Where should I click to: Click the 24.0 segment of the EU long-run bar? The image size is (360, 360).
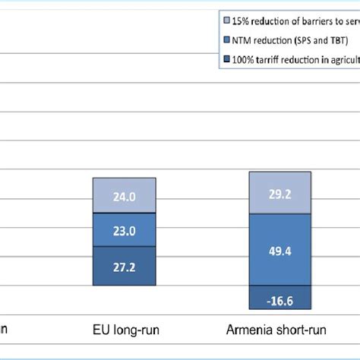point(125,196)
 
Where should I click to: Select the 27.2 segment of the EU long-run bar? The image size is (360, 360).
point(125,267)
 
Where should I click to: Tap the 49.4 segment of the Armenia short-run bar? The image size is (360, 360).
point(279,249)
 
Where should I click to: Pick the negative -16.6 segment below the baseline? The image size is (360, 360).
point(279,298)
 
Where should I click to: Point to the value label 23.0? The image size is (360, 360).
point(125,231)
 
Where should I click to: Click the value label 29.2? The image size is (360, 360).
point(279,194)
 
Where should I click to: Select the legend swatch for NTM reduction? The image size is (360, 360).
point(229,39)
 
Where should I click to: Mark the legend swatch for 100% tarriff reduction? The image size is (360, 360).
point(229,58)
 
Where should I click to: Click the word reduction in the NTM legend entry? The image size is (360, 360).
point(277,39)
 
